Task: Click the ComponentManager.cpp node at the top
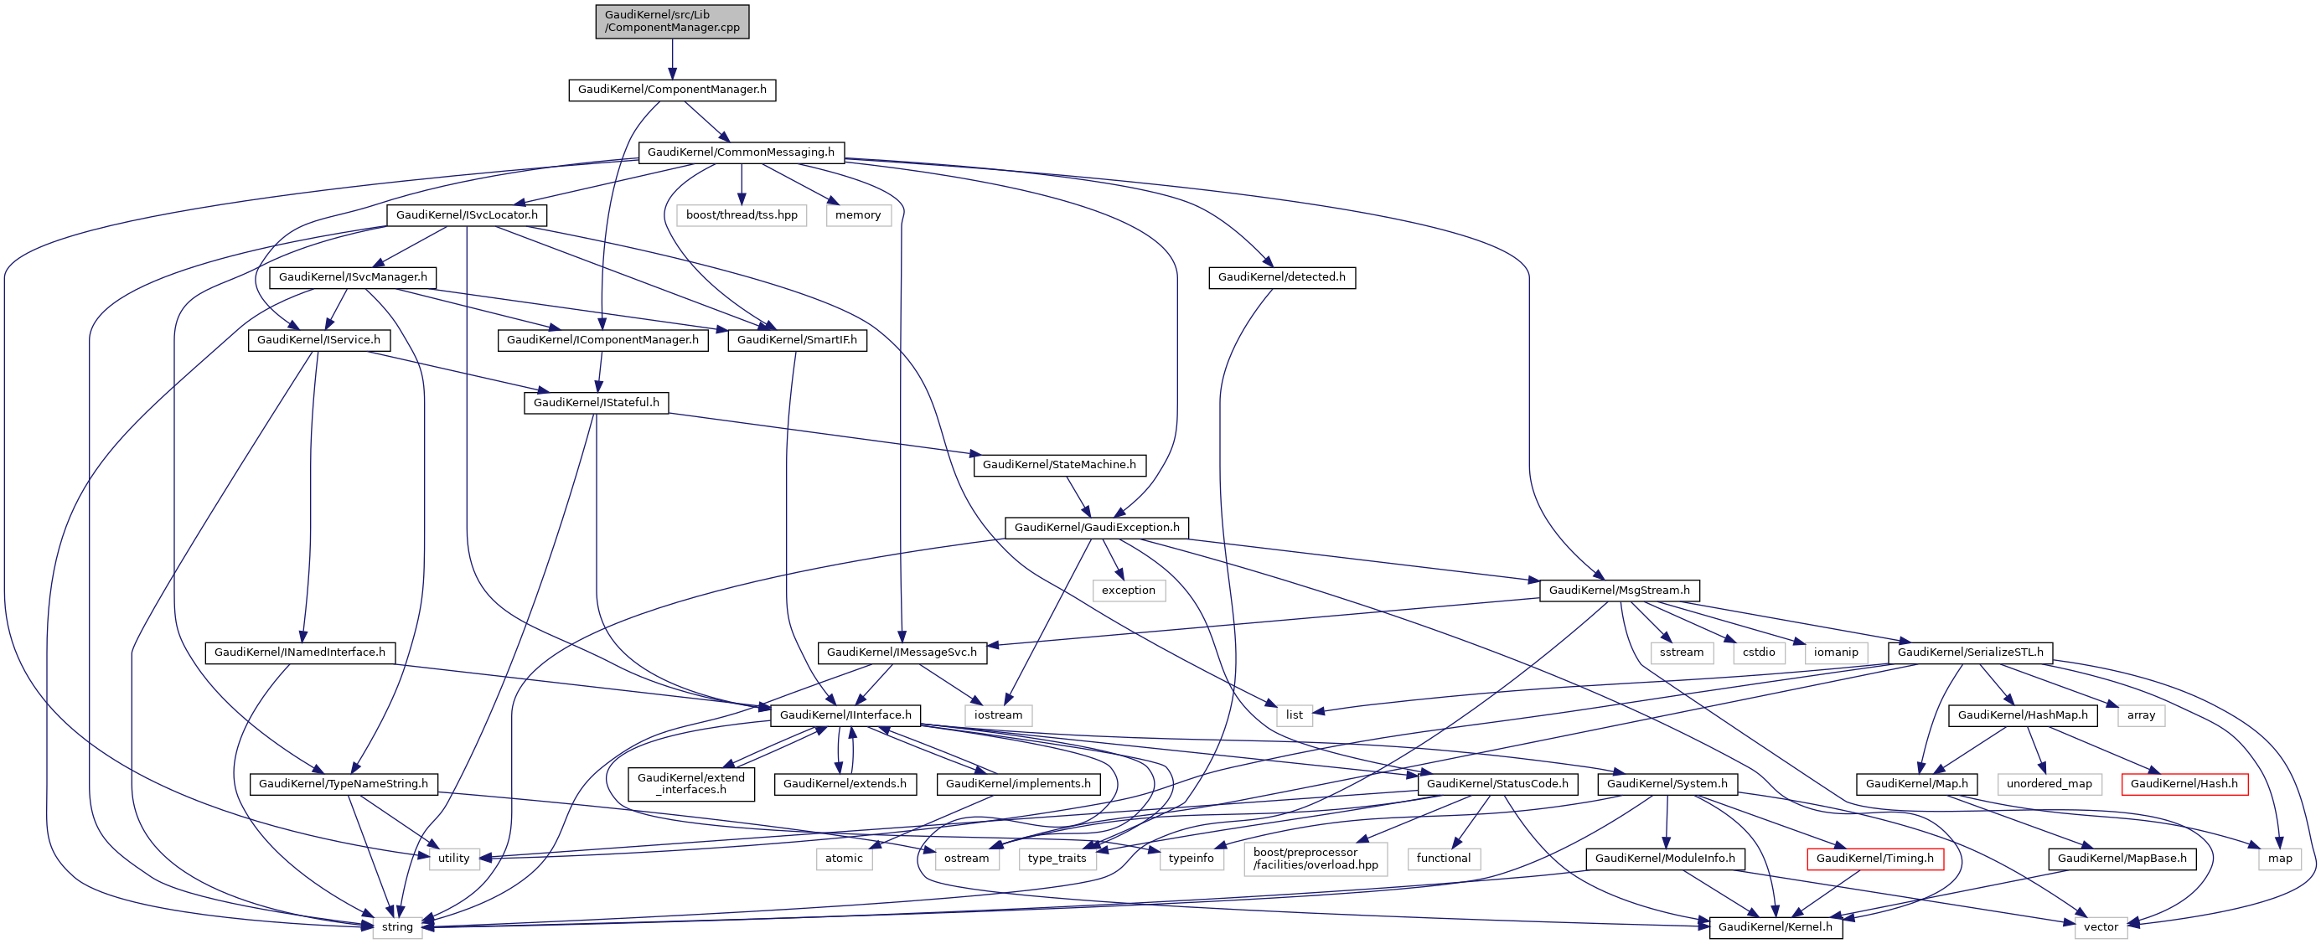pyautogui.click(x=671, y=21)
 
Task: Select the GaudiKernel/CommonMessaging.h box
pyautogui.click(x=741, y=152)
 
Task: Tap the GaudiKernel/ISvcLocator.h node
pyautogui.click(x=467, y=215)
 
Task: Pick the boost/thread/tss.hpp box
pyautogui.click(x=742, y=215)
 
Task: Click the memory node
pyautogui.click(x=858, y=215)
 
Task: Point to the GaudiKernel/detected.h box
pyautogui.click(x=1281, y=277)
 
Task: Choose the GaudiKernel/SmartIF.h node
pyautogui.click(x=797, y=340)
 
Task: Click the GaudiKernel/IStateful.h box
pyautogui.click(x=596, y=403)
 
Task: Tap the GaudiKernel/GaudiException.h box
pyautogui.click(x=1097, y=528)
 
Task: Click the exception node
pyautogui.click(x=1128, y=591)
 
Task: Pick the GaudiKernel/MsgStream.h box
pyautogui.click(x=1619, y=591)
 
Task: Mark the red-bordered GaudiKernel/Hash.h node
pyautogui.click(x=2184, y=784)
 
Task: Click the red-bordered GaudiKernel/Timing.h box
pyautogui.click(x=1874, y=859)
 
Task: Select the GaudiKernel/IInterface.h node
pyautogui.click(x=845, y=715)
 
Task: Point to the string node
pyautogui.click(x=397, y=927)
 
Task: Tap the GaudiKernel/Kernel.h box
pyautogui.click(x=1775, y=927)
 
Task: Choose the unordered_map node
pyautogui.click(x=2049, y=784)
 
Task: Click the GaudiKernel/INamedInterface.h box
pyautogui.click(x=299, y=653)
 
